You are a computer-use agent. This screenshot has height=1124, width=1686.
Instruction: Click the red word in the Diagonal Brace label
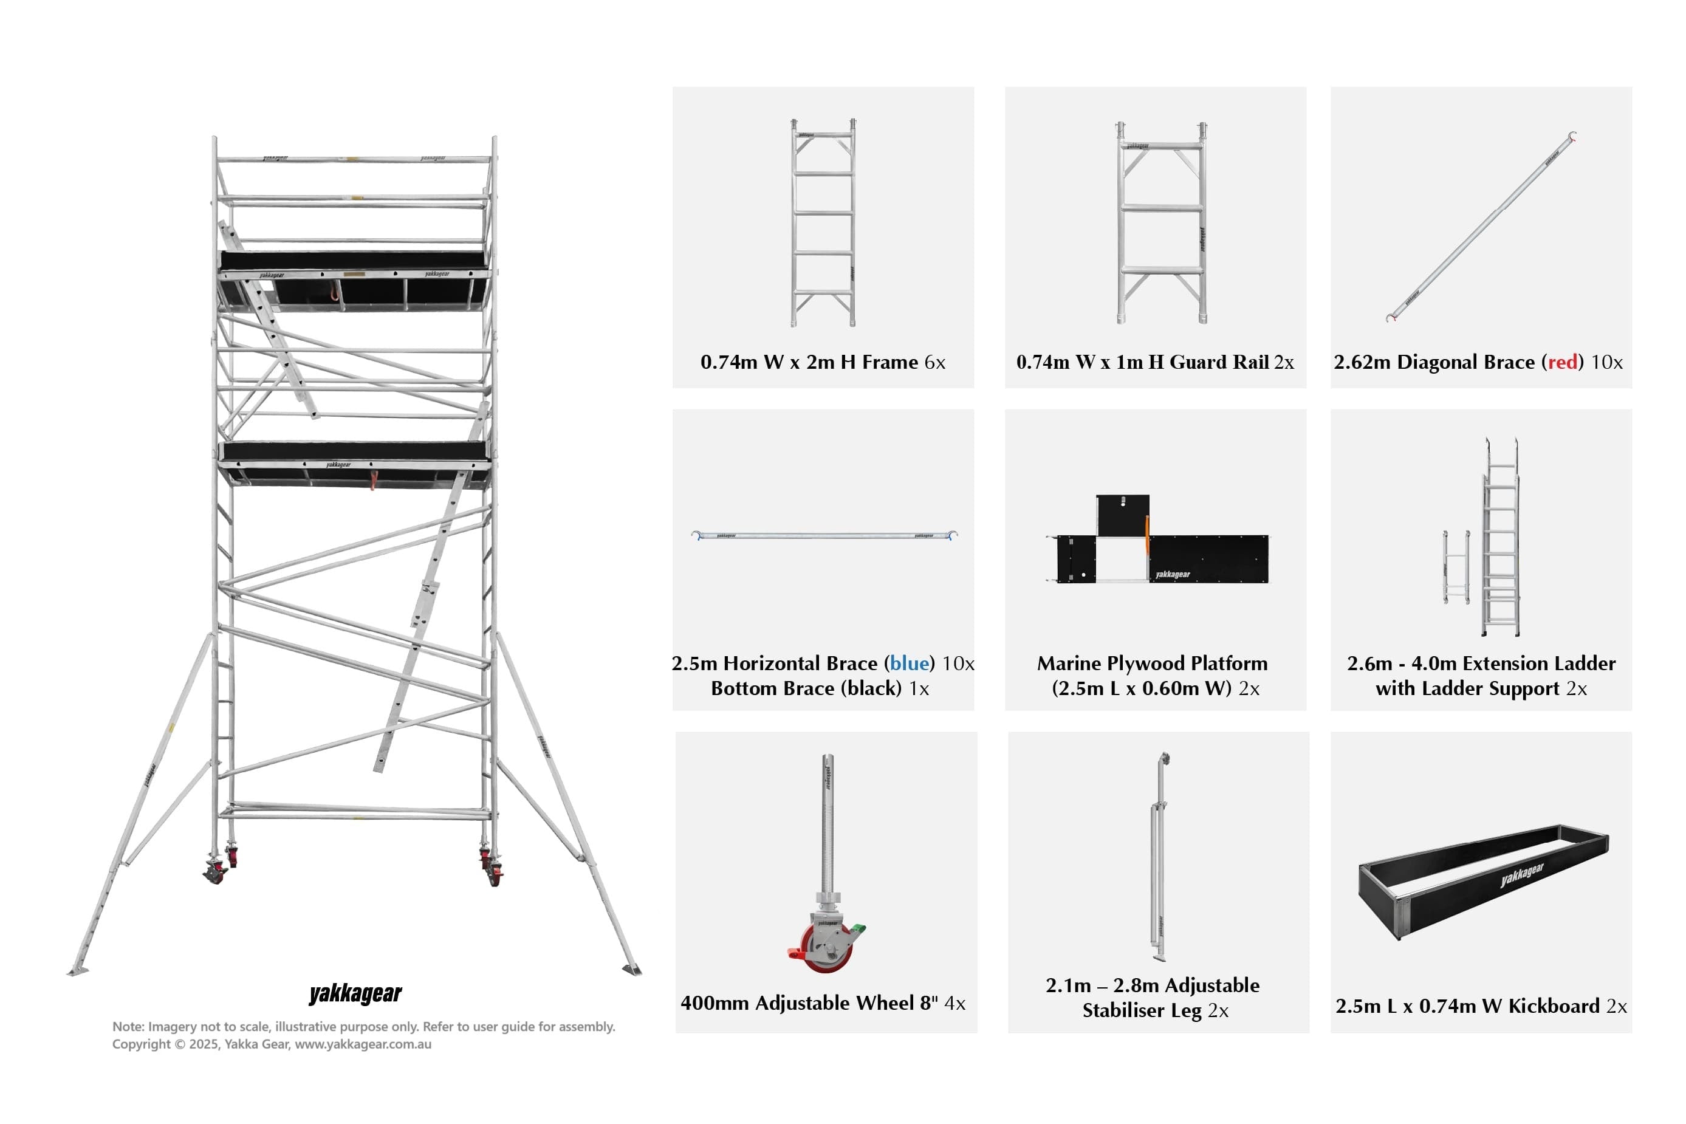tap(1562, 362)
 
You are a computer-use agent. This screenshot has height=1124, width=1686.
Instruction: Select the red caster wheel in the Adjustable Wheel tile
tap(828, 951)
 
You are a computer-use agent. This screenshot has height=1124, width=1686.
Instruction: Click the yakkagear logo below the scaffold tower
tap(355, 993)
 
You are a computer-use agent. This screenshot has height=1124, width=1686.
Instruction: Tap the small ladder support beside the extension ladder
tap(1456, 566)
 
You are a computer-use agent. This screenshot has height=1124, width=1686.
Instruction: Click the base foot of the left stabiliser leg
tap(77, 971)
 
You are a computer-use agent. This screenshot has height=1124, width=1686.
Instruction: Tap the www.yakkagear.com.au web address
tap(363, 1044)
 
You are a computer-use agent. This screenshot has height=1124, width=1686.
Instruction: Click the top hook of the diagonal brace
tap(1572, 136)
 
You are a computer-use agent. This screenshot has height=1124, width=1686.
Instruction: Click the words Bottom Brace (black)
tap(806, 688)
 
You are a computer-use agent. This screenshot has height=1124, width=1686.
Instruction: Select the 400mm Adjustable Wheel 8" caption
tap(822, 1003)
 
